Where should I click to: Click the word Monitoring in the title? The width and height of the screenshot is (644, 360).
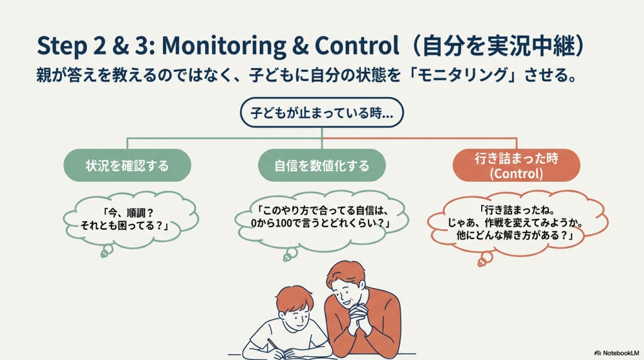click(224, 46)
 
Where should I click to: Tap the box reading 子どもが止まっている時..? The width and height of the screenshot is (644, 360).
click(321, 112)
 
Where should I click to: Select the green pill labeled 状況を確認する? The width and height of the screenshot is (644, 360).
click(127, 165)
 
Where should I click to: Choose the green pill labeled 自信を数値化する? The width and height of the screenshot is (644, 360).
click(321, 165)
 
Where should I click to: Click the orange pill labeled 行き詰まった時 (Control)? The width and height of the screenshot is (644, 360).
click(516, 165)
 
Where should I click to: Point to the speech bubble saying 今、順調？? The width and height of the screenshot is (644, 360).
click(131, 220)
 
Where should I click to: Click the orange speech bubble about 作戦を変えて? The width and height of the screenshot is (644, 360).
click(518, 223)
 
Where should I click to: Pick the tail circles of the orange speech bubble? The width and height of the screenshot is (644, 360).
click(485, 259)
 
